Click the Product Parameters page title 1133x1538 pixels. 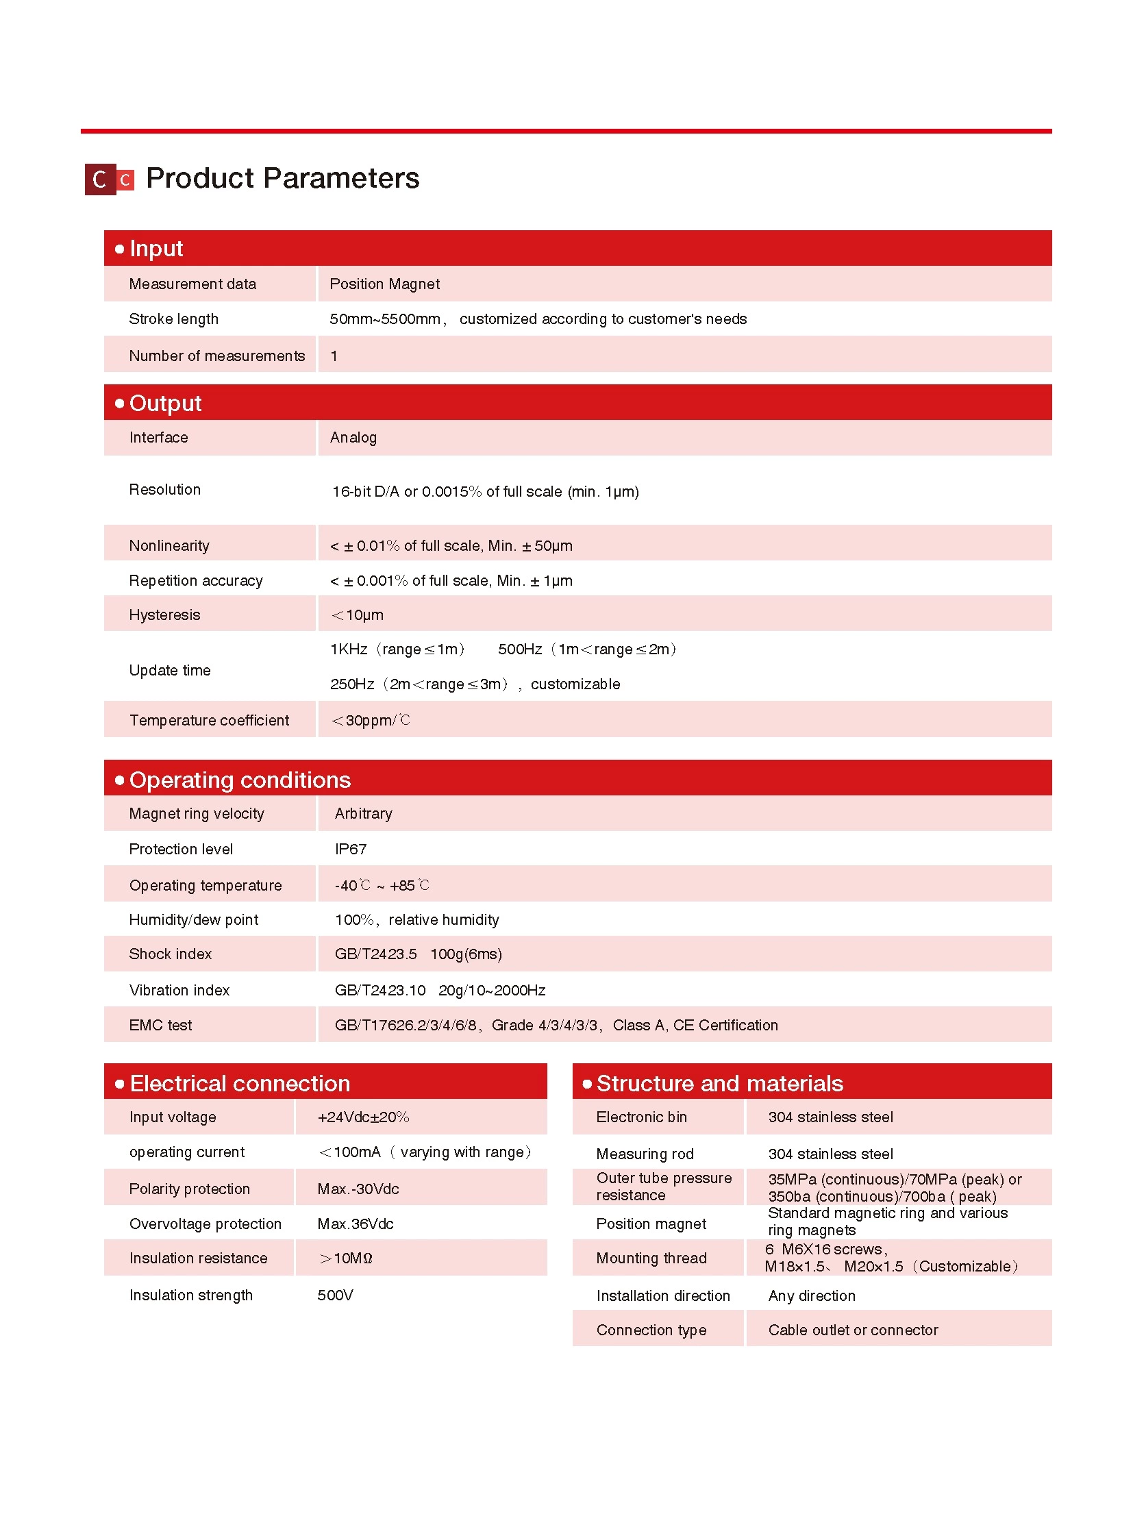282,178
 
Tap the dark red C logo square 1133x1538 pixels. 99,179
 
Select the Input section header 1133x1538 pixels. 156,248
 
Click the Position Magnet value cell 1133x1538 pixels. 384,284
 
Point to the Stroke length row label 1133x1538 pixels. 173,319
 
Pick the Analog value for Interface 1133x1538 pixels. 353,438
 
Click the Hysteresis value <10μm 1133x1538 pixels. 358,615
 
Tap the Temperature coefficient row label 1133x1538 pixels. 209,720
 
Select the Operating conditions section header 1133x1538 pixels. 239,780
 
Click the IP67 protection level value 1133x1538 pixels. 351,849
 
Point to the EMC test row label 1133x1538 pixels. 160,1025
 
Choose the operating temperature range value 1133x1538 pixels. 382,886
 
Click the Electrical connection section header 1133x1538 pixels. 239,1083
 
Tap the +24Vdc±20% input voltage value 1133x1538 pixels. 363,1117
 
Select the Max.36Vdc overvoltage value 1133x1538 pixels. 356,1224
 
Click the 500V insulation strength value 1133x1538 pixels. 335,1295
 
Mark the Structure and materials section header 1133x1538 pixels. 719,1083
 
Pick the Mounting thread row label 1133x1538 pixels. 651,1258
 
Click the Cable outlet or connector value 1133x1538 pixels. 853,1330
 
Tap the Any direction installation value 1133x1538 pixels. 811,1296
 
